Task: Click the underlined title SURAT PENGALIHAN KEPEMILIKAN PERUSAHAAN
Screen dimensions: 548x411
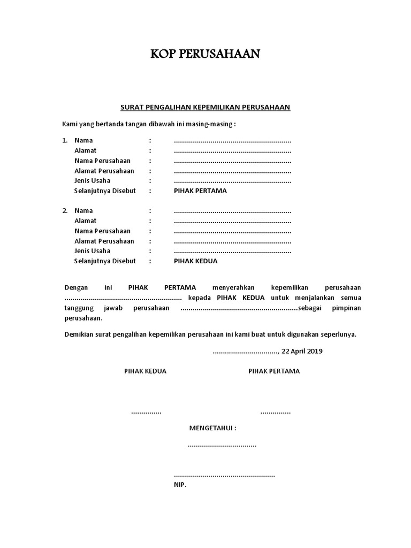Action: [205, 107]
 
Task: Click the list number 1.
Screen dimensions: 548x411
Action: [65, 141]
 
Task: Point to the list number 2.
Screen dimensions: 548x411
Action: [65, 211]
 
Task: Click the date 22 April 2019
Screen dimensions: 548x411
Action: [302, 351]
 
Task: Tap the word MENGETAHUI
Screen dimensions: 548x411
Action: [212, 429]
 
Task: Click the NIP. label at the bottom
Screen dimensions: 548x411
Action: [180, 485]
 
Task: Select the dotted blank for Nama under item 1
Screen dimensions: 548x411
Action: [232, 141]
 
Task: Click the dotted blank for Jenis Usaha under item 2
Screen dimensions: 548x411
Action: [232, 252]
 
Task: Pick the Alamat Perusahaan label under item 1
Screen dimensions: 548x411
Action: [104, 171]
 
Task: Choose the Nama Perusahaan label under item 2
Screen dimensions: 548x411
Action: [102, 231]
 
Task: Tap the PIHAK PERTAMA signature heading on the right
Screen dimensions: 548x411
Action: [274, 371]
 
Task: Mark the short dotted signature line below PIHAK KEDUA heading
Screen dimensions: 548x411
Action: [146, 413]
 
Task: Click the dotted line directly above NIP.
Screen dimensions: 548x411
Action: [224, 475]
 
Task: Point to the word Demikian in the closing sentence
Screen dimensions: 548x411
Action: [79, 334]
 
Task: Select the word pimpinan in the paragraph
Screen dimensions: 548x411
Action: [346, 308]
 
